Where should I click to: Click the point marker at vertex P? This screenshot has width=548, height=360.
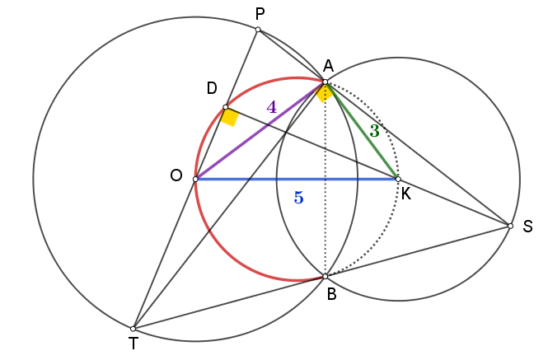pos(258,30)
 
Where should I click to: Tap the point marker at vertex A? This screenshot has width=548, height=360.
pos(326,82)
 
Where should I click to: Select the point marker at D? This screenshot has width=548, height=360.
pos(226,107)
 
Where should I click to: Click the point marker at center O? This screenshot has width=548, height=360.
pos(195,180)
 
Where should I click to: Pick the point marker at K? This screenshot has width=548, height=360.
pos(398,180)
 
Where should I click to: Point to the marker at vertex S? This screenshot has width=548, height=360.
pos(510,227)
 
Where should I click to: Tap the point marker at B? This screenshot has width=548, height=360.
pos(326,277)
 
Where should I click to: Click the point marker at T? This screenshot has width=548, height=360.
pos(133,329)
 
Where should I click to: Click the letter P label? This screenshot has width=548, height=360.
pos(260,14)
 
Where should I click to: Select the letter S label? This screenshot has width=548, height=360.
pos(527,227)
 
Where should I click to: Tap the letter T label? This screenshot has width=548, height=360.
pos(133,344)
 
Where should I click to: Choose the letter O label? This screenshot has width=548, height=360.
pos(176,175)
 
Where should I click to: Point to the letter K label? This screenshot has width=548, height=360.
pos(406,194)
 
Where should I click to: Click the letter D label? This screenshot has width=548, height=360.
pos(212,88)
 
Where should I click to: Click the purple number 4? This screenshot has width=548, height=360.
pos(272,107)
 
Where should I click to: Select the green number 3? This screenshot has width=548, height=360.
pos(374,131)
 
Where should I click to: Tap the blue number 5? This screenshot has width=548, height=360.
pos(299,198)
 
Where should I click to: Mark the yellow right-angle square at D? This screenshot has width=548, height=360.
pos(230,117)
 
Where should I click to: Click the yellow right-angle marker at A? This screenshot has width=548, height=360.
pos(325,93)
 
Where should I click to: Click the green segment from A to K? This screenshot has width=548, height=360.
pos(362,131)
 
